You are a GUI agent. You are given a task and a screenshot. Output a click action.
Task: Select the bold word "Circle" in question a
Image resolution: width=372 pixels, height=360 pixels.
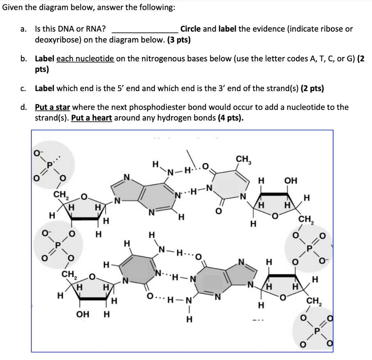coord(190,29)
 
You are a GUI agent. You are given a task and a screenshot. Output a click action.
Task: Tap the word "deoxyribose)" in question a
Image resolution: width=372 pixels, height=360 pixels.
coord(58,40)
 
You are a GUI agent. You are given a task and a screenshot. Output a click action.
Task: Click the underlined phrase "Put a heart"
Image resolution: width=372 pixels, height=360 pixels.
coord(92,118)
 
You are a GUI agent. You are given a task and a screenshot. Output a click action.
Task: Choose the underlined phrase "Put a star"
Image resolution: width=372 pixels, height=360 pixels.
coord(52,107)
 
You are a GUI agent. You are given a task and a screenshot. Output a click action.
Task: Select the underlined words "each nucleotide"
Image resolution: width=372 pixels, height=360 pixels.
coord(85,58)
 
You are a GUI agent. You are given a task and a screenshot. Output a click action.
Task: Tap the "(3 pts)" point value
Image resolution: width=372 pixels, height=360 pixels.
coord(179,40)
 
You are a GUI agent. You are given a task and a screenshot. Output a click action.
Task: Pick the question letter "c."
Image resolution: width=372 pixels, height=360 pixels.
coord(23,89)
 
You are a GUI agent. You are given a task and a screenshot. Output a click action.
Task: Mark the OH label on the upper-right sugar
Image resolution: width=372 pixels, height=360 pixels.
coord(291,181)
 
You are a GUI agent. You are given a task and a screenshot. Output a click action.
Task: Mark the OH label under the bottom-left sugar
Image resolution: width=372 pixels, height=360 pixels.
coord(82,315)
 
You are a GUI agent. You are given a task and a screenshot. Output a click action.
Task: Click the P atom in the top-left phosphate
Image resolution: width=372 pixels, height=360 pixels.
coord(49,165)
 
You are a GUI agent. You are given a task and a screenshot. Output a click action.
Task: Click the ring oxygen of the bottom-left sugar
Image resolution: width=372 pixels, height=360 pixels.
coord(92,277)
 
